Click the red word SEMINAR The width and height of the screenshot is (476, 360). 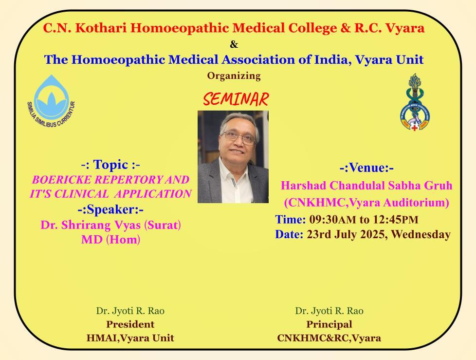tap(236, 99)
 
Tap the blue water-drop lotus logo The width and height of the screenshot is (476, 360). tap(51, 100)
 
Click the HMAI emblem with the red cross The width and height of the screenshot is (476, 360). tap(414, 102)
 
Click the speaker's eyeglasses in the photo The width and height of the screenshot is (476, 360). tap(239, 137)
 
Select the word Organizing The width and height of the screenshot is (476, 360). tap(234, 76)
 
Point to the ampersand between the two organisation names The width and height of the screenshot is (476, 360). tap(234, 44)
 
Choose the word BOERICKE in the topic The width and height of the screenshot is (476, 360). tap(62, 180)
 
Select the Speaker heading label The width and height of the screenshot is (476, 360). tap(110, 209)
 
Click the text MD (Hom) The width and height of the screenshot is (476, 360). tap(110, 239)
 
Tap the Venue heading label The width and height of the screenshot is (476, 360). tap(366, 168)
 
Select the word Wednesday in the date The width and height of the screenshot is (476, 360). tap(421, 234)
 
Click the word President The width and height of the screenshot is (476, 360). tap(130, 324)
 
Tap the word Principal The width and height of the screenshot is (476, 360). tap(329, 324)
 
